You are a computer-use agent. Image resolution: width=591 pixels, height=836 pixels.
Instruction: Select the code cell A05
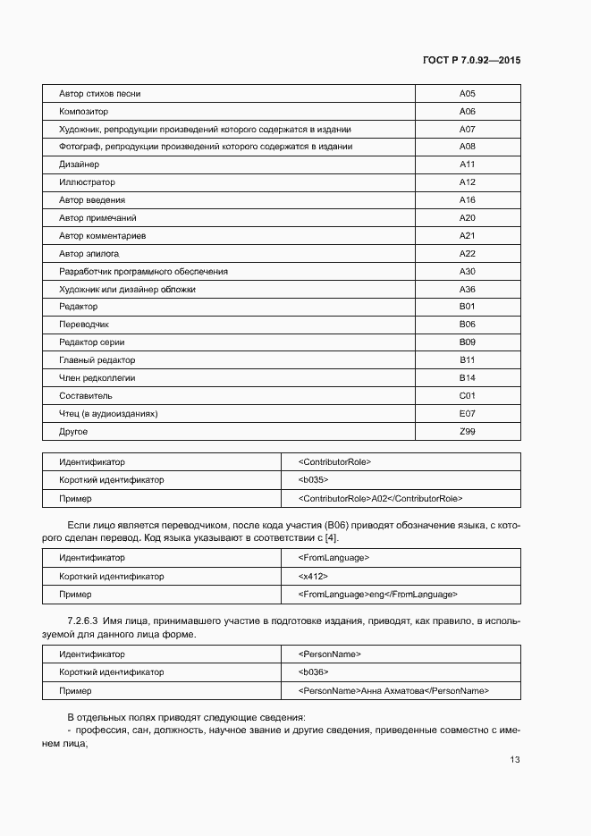(467, 94)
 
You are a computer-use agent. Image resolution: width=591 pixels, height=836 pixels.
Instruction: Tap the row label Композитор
(83, 112)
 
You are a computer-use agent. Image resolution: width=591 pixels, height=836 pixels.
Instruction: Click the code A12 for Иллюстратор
(467, 182)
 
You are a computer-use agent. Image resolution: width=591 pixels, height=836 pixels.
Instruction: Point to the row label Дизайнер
(79, 165)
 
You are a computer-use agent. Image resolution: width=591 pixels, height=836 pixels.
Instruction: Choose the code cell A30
(467, 271)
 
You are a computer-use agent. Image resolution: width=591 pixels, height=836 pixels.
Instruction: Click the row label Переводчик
(84, 324)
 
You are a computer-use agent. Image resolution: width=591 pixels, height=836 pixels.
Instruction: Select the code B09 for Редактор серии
(467, 342)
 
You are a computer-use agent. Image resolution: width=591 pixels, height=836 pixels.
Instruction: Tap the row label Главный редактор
(97, 359)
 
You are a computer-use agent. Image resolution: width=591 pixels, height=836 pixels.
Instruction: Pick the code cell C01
(467, 395)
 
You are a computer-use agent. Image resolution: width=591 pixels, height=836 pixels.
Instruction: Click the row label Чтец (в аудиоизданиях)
(108, 413)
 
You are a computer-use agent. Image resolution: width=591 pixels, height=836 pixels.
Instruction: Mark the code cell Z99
(467, 431)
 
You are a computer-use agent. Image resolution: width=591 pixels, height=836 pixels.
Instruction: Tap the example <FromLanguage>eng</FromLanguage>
(378, 594)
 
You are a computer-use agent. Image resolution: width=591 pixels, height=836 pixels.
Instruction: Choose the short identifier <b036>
(314, 672)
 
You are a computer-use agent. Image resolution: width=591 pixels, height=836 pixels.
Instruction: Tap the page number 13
(514, 760)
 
